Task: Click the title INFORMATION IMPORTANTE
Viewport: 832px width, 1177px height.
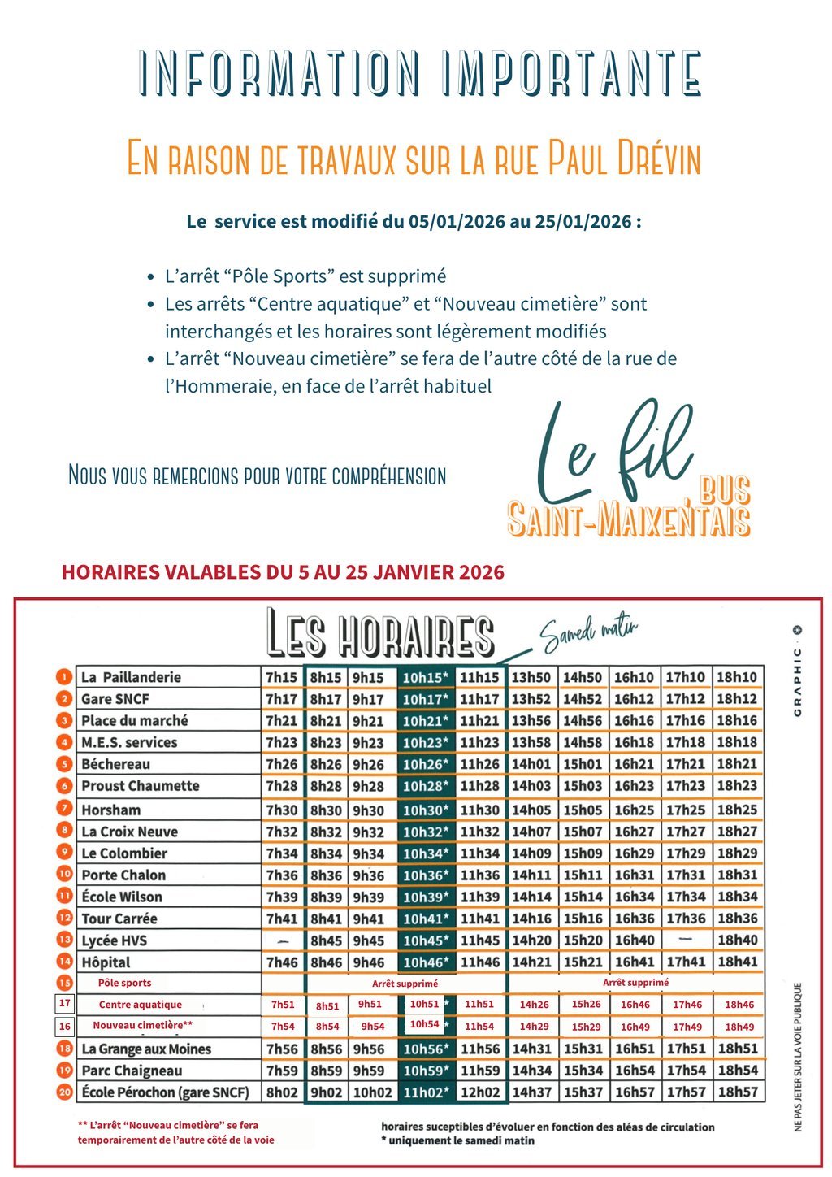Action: pos(419,72)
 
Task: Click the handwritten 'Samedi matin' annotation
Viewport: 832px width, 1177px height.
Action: pos(590,635)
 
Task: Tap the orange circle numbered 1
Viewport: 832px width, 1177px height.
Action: pos(65,677)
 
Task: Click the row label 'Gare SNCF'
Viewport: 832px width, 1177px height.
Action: pos(115,699)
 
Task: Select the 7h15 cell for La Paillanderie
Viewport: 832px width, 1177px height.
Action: pos(281,677)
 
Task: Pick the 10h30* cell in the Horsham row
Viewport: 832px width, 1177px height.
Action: pos(426,810)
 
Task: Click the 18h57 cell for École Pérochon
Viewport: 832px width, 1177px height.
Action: pos(738,1092)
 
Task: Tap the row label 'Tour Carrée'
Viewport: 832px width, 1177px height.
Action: pos(119,919)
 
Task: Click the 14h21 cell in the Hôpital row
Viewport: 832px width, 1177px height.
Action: pos(531,962)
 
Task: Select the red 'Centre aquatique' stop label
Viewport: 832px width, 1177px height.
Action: pos(141,1005)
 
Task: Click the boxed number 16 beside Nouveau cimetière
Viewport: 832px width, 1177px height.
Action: pos(65,1026)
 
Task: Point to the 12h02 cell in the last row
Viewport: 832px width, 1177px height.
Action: pos(479,1092)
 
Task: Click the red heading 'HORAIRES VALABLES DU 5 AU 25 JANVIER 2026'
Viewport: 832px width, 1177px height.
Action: pos(283,572)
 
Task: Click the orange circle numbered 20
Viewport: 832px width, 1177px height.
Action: pos(65,1092)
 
